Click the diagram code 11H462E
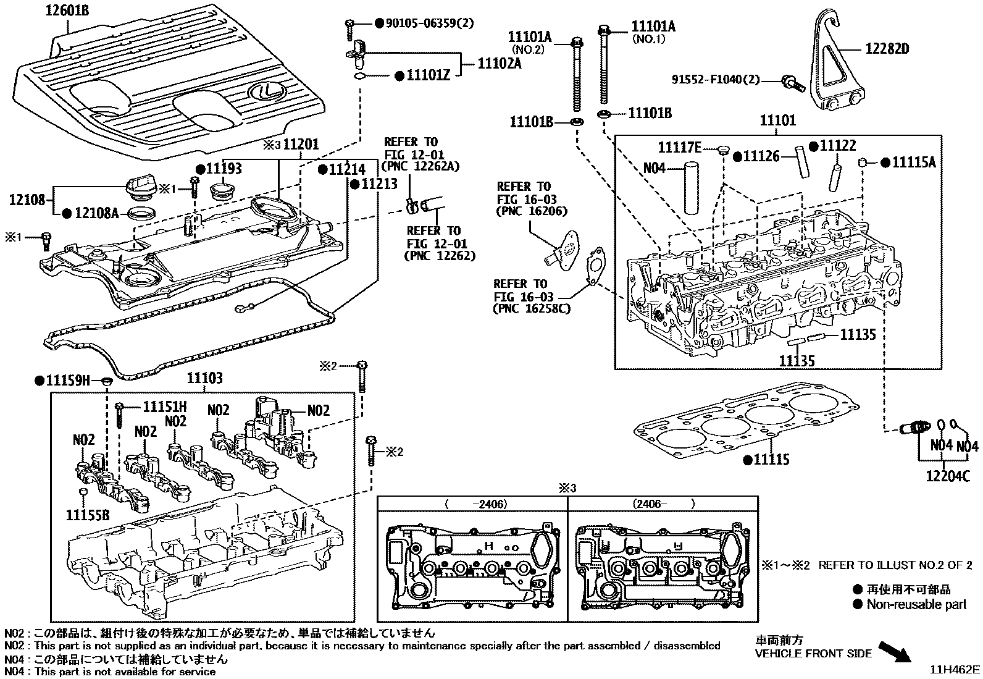[956, 670]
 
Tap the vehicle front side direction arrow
[895, 652]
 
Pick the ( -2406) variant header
[475, 504]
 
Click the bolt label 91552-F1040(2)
[716, 79]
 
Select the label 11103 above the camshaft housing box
[204, 378]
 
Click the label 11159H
[67, 381]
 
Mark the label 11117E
[679, 147]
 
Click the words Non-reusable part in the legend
[916, 604]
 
